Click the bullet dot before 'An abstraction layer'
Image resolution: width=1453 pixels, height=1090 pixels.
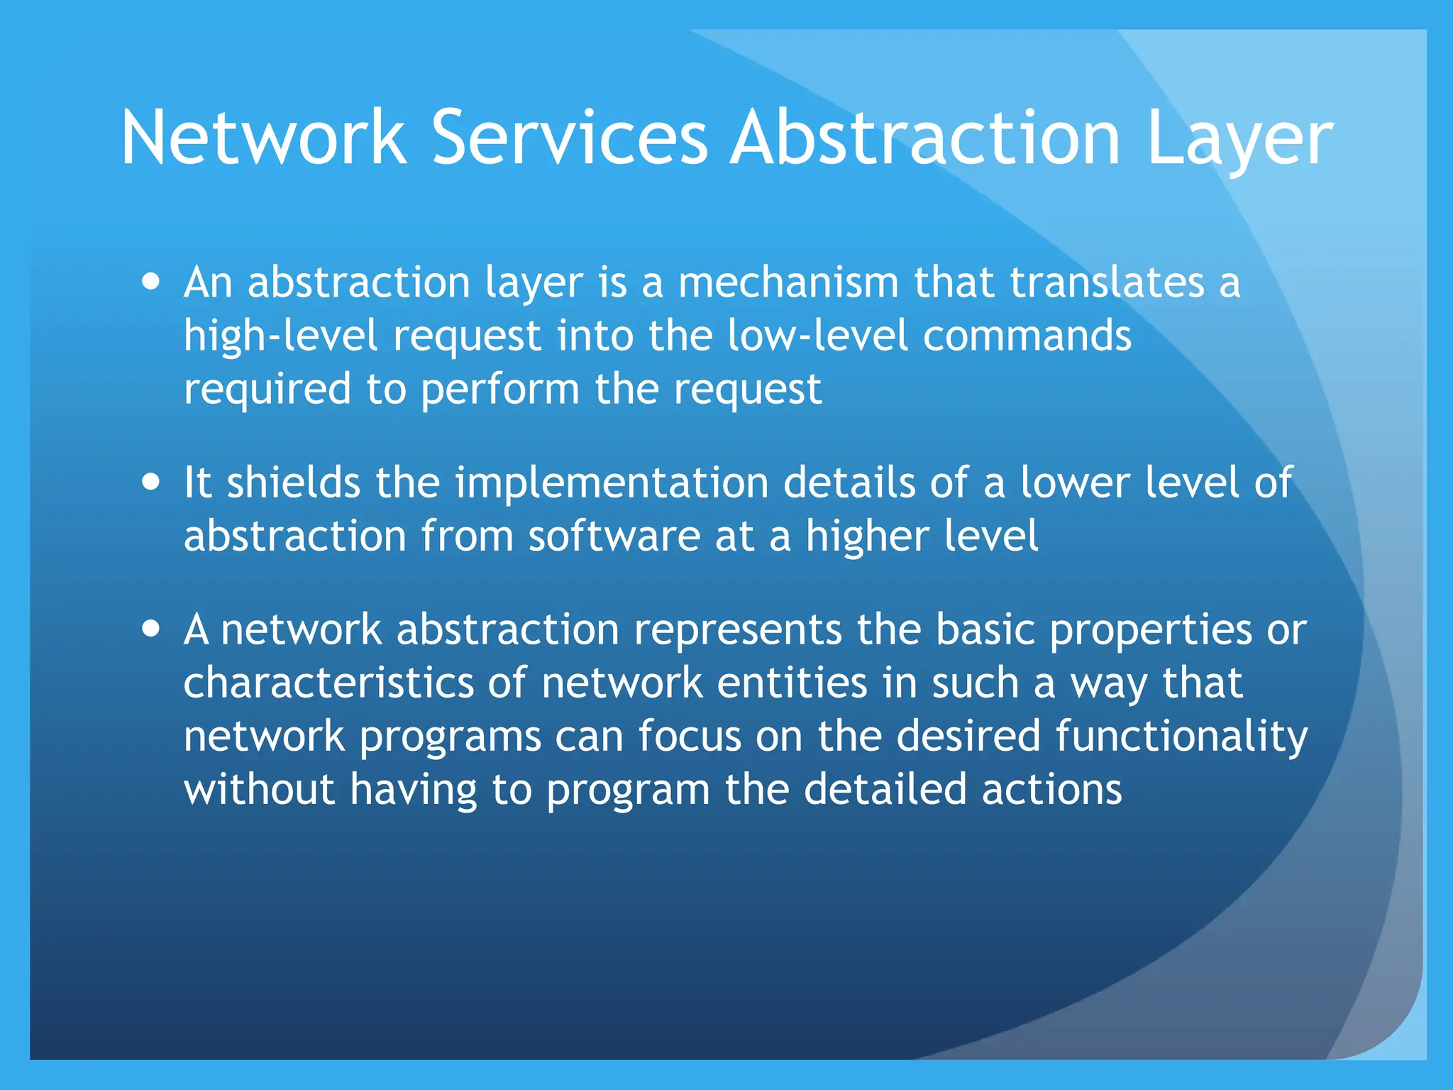[150, 281]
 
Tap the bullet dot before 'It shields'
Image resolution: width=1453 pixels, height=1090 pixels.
[150, 483]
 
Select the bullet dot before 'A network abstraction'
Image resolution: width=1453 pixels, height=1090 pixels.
[150, 629]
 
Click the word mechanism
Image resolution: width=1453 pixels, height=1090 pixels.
[788, 282]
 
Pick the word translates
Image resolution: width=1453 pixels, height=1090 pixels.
[1107, 282]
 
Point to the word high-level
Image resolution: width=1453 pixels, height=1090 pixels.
[280, 336]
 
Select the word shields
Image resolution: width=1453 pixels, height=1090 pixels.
[294, 483]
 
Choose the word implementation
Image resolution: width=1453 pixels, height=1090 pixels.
[612, 484]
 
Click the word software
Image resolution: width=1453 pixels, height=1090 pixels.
[614, 536]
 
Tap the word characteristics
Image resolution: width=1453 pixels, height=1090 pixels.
[328, 683]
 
